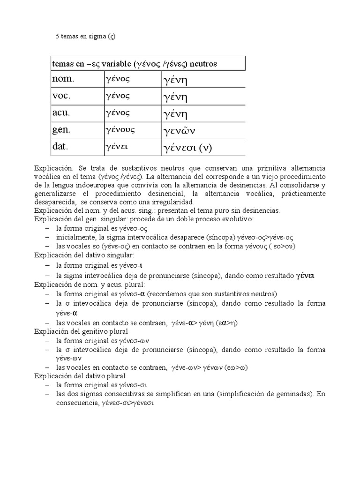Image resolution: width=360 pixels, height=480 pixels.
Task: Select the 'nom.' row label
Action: (x=63, y=80)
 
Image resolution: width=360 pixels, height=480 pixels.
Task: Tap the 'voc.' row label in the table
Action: (x=61, y=97)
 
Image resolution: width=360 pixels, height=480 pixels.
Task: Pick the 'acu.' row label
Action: (x=61, y=113)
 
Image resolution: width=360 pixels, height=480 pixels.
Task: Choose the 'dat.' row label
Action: (x=61, y=147)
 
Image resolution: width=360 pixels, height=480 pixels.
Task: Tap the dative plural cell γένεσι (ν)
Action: (x=187, y=148)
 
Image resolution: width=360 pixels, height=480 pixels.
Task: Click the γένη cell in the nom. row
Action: (x=175, y=80)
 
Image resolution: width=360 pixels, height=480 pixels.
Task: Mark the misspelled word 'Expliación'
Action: (x=52, y=331)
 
